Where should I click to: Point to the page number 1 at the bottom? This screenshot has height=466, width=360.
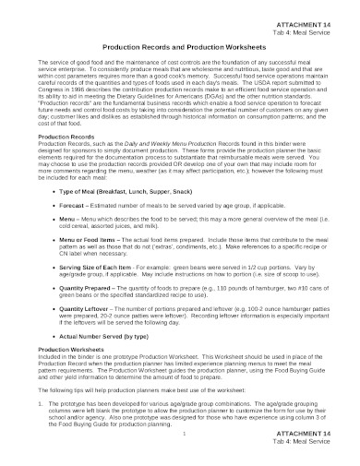point(185,434)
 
